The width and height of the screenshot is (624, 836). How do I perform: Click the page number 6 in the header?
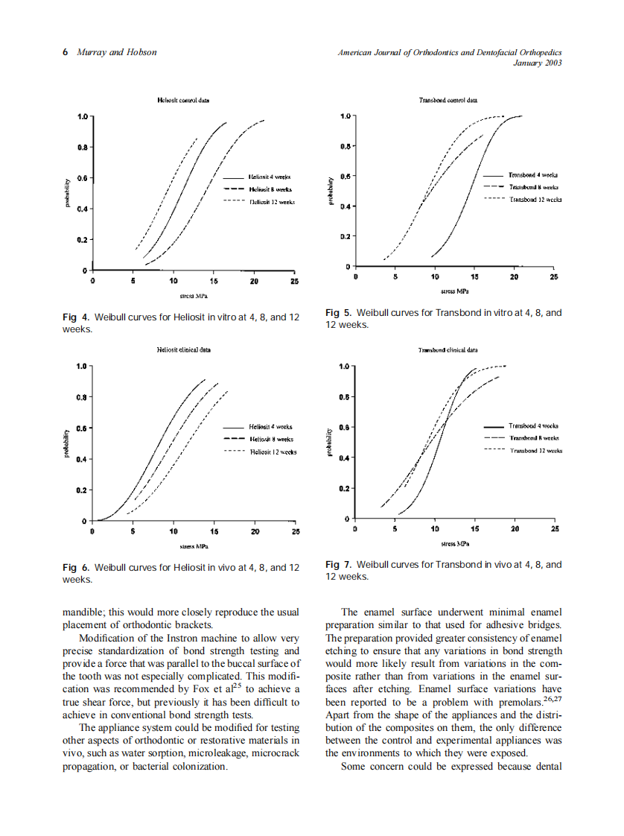66,52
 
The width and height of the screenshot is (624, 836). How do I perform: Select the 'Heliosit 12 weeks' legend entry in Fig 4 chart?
272,201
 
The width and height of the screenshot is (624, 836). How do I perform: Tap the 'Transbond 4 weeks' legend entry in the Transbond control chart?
533,174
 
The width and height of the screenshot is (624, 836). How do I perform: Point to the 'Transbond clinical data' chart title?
448,349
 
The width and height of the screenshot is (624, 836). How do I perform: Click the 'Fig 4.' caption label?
76,317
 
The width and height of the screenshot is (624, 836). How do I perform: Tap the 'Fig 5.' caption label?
339,313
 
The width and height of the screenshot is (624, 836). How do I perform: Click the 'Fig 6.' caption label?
76,568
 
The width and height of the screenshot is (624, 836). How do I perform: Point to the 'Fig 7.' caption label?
339,565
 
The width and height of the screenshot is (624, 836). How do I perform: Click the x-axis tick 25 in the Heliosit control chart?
294,282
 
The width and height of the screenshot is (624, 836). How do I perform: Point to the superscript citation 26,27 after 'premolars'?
552,700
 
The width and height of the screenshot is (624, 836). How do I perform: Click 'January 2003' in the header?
538,63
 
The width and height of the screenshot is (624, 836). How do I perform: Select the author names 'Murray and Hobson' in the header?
117,52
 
